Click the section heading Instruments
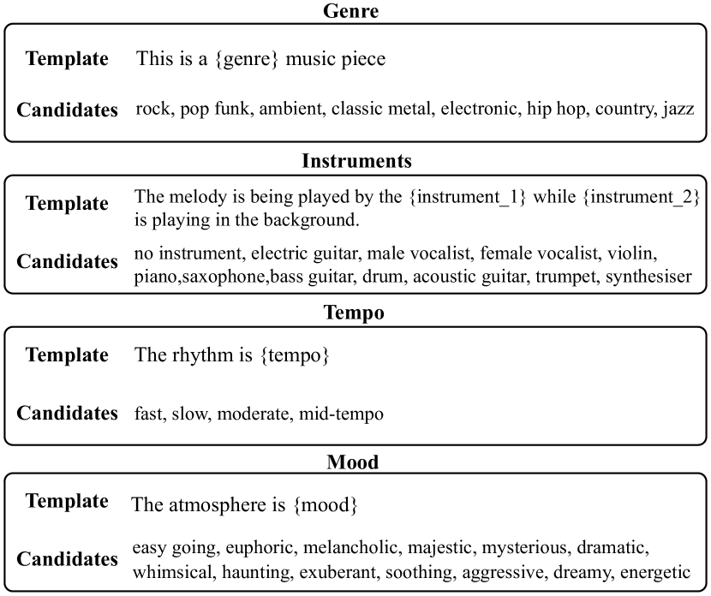click(356, 161)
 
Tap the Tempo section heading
click(354, 313)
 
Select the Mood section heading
click(353, 462)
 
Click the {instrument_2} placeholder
click(642, 198)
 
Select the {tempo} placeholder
click(295, 355)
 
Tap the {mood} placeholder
click(326, 505)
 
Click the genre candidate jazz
click(678, 110)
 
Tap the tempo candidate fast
click(149, 414)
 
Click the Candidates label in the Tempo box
click(68, 414)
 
